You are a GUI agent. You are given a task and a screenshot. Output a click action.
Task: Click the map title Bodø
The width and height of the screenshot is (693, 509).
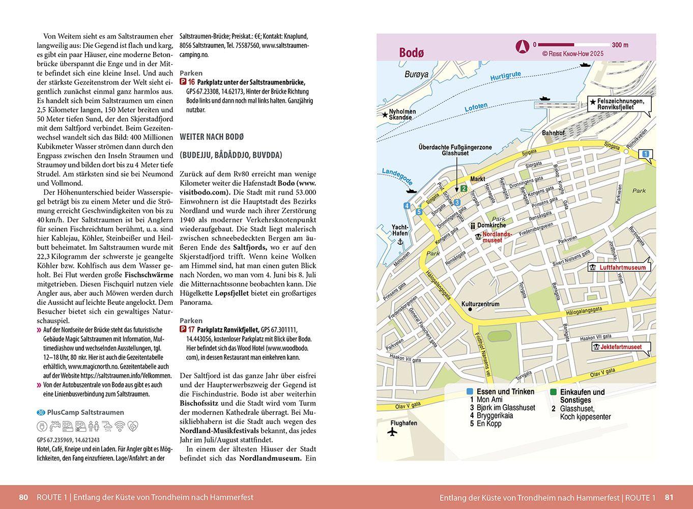[411, 52]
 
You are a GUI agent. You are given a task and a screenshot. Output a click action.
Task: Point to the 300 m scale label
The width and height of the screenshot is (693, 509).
[620, 45]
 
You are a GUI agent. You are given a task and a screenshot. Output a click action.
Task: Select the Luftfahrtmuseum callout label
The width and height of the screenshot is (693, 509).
[622, 267]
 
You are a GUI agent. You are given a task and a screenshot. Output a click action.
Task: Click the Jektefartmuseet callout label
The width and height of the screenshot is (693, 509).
[621, 347]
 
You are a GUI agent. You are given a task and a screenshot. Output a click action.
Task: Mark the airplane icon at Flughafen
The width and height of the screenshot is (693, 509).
[392, 432]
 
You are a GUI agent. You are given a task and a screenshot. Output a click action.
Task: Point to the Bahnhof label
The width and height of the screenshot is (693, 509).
[553, 133]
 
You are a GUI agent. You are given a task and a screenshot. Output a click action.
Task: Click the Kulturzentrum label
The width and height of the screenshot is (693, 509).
[480, 304]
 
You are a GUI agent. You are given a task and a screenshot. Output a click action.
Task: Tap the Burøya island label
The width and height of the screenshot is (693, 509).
[416, 74]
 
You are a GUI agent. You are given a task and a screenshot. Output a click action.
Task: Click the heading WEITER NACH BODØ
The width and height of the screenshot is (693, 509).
[212, 137]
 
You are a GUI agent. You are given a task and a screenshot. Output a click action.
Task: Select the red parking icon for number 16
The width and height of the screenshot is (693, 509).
[183, 82]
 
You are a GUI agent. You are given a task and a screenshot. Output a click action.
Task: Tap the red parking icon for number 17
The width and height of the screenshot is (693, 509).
[183, 330]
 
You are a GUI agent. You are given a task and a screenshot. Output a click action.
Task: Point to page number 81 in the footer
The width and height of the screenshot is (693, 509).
[669, 497]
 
